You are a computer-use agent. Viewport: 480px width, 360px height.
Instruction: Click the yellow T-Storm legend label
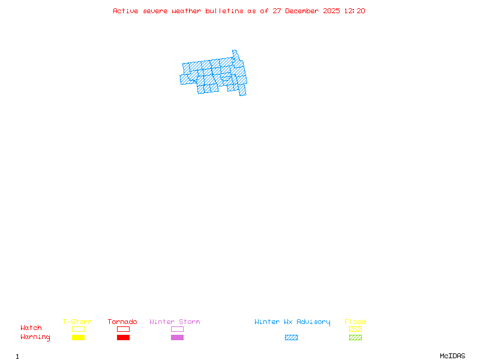(x=77, y=322)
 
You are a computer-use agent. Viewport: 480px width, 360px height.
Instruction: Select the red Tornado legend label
(x=122, y=322)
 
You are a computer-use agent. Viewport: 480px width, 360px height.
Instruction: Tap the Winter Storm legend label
(x=175, y=322)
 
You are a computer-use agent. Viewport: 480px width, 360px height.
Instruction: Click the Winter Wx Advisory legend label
(x=292, y=322)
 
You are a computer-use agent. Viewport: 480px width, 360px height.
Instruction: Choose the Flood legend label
(x=355, y=322)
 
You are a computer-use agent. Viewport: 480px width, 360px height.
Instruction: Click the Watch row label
(x=31, y=328)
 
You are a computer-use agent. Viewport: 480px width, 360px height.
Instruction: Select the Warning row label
(x=35, y=337)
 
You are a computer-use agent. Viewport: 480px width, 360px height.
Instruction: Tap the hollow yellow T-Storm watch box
(x=78, y=329)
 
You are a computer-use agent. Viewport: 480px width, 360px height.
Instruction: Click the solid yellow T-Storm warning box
(x=78, y=337)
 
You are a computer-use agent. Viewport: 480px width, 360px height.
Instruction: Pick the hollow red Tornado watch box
(x=123, y=329)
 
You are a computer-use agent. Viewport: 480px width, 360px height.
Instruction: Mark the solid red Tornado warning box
(x=123, y=337)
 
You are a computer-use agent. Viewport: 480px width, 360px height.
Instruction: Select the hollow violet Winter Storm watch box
(x=177, y=329)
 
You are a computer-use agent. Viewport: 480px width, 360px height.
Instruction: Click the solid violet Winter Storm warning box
(x=177, y=337)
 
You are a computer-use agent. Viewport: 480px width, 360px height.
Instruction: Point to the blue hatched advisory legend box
(x=291, y=337)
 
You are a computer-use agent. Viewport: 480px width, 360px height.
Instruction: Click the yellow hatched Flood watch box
(x=355, y=329)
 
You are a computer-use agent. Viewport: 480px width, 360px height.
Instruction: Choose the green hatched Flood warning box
(x=355, y=337)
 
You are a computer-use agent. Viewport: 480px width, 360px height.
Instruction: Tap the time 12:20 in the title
(x=355, y=11)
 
